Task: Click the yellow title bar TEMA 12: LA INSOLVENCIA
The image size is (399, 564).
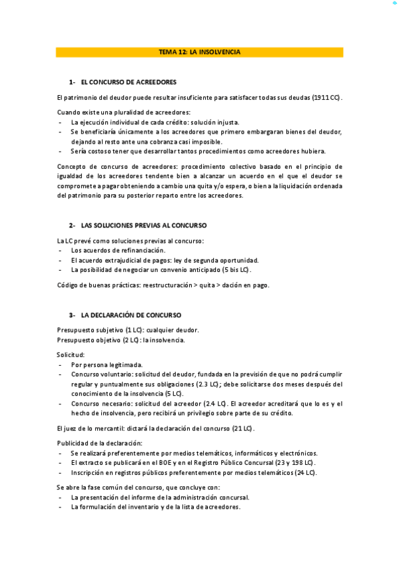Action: coord(199,51)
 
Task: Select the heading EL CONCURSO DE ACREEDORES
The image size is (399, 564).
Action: coord(129,82)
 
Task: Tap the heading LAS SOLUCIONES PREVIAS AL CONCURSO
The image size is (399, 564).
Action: coord(143,225)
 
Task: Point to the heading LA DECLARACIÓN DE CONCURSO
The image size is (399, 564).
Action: coord(131,315)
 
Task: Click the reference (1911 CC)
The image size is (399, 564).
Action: coord(326,97)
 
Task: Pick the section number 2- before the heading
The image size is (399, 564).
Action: coord(72,225)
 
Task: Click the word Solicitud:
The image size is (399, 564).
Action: coord(71,355)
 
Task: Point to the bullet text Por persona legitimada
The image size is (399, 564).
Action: coord(107,365)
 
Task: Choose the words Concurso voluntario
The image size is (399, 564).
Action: coord(100,375)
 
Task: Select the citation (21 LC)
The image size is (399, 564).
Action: coord(242,428)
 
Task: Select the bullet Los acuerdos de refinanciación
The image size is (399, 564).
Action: coord(117,250)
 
